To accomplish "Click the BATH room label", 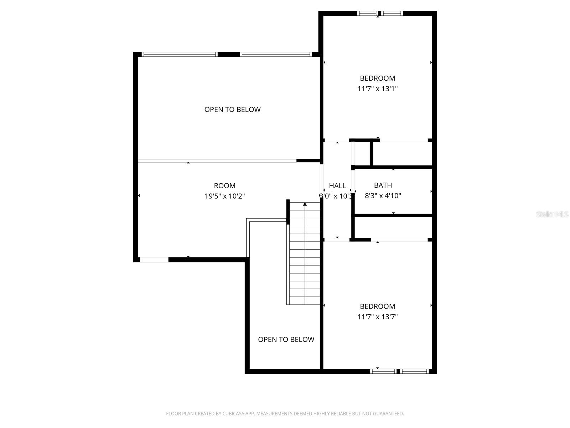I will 383,185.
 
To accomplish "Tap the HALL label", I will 337,185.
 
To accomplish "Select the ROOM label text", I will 224,185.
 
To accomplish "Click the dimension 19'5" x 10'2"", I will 224,196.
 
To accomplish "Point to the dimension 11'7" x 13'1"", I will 377,88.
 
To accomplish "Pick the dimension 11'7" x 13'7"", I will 377,316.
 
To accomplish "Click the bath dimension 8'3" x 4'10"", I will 383,195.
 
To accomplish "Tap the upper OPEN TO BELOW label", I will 232,109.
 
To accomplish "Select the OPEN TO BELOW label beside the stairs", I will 286,340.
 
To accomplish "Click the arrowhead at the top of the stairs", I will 305,204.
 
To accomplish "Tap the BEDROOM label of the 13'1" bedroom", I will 377,78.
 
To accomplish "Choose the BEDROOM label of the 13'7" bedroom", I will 377,306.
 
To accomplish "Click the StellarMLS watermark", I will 552,214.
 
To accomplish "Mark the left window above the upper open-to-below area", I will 180,55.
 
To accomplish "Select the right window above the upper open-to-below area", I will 276,55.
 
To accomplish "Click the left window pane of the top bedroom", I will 368,14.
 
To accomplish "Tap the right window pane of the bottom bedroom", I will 414,371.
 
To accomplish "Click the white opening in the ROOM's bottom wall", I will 154,260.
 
